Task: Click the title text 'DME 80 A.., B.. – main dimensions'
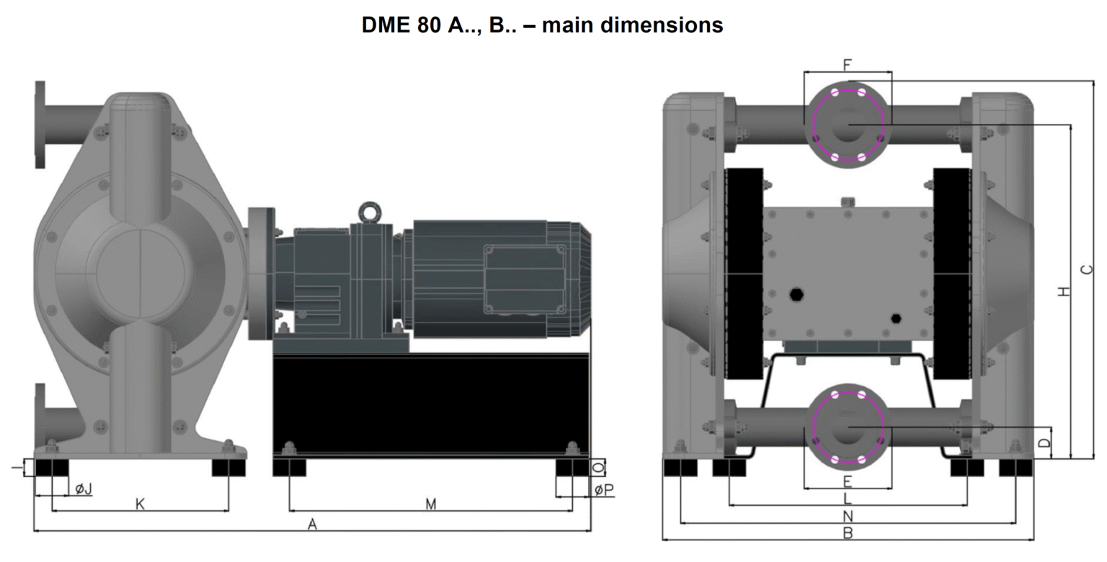[x=542, y=25]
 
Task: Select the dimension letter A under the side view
[x=312, y=525]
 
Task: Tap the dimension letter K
[x=141, y=504]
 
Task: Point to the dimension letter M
[x=430, y=504]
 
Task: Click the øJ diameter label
[x=84, y=489]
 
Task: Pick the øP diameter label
[x=604, y=490]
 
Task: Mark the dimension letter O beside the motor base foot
[x=597, y=468]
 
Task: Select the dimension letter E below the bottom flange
[x=848, y=481]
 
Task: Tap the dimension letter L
[x=848, y=499]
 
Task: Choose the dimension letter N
[x=848, y=516]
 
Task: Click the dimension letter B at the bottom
[x=848, y=533]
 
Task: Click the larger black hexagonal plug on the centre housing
[x=796, y=295]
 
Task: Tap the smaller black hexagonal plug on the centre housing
[x=896, y=318]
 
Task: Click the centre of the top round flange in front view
[x=848, y=124]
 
